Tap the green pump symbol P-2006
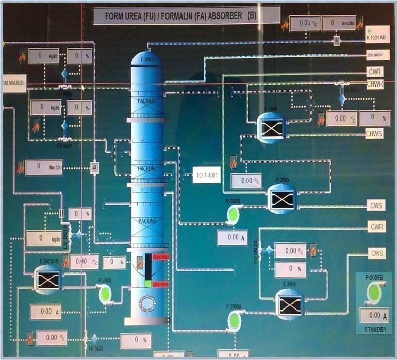[x=235, y=214]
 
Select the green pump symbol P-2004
[x=105, y=294]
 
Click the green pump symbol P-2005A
[x=234, y=321]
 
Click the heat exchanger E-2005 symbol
[x=283, y=200]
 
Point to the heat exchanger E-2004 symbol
[x=289, y=304]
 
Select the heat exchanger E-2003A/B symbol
[x=47, y=279]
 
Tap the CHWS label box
[x=374, y=134]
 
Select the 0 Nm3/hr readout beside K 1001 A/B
[x=339, y=23]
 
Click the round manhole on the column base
[x=147, y=304]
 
